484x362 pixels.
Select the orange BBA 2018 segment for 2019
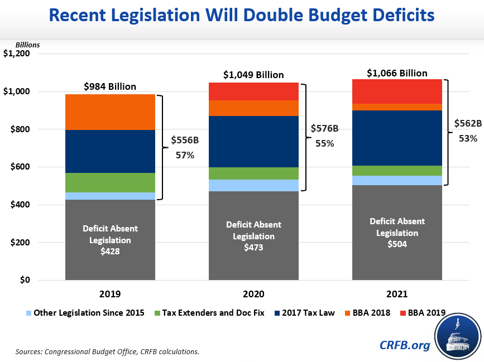(102, 112)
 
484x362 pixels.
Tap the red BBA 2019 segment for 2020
(253, 91)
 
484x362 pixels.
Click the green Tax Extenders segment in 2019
(102, 182)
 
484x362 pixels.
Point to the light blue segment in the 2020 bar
(253, 185)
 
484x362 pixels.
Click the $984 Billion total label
(110, 86)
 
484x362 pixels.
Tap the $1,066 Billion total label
(397, 73)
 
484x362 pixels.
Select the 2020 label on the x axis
(253, 294)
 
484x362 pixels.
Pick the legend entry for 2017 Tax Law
(304, 313)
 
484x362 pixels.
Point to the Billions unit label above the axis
(28, 45)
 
